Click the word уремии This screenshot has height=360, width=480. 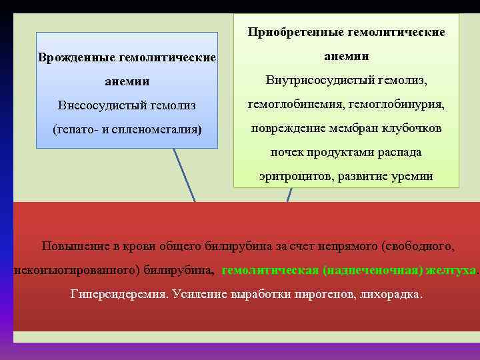pos(413,176)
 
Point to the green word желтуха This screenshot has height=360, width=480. pos(453,270)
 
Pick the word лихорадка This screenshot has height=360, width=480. pos(393,294)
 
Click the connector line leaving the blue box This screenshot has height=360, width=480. pos(184,174)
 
